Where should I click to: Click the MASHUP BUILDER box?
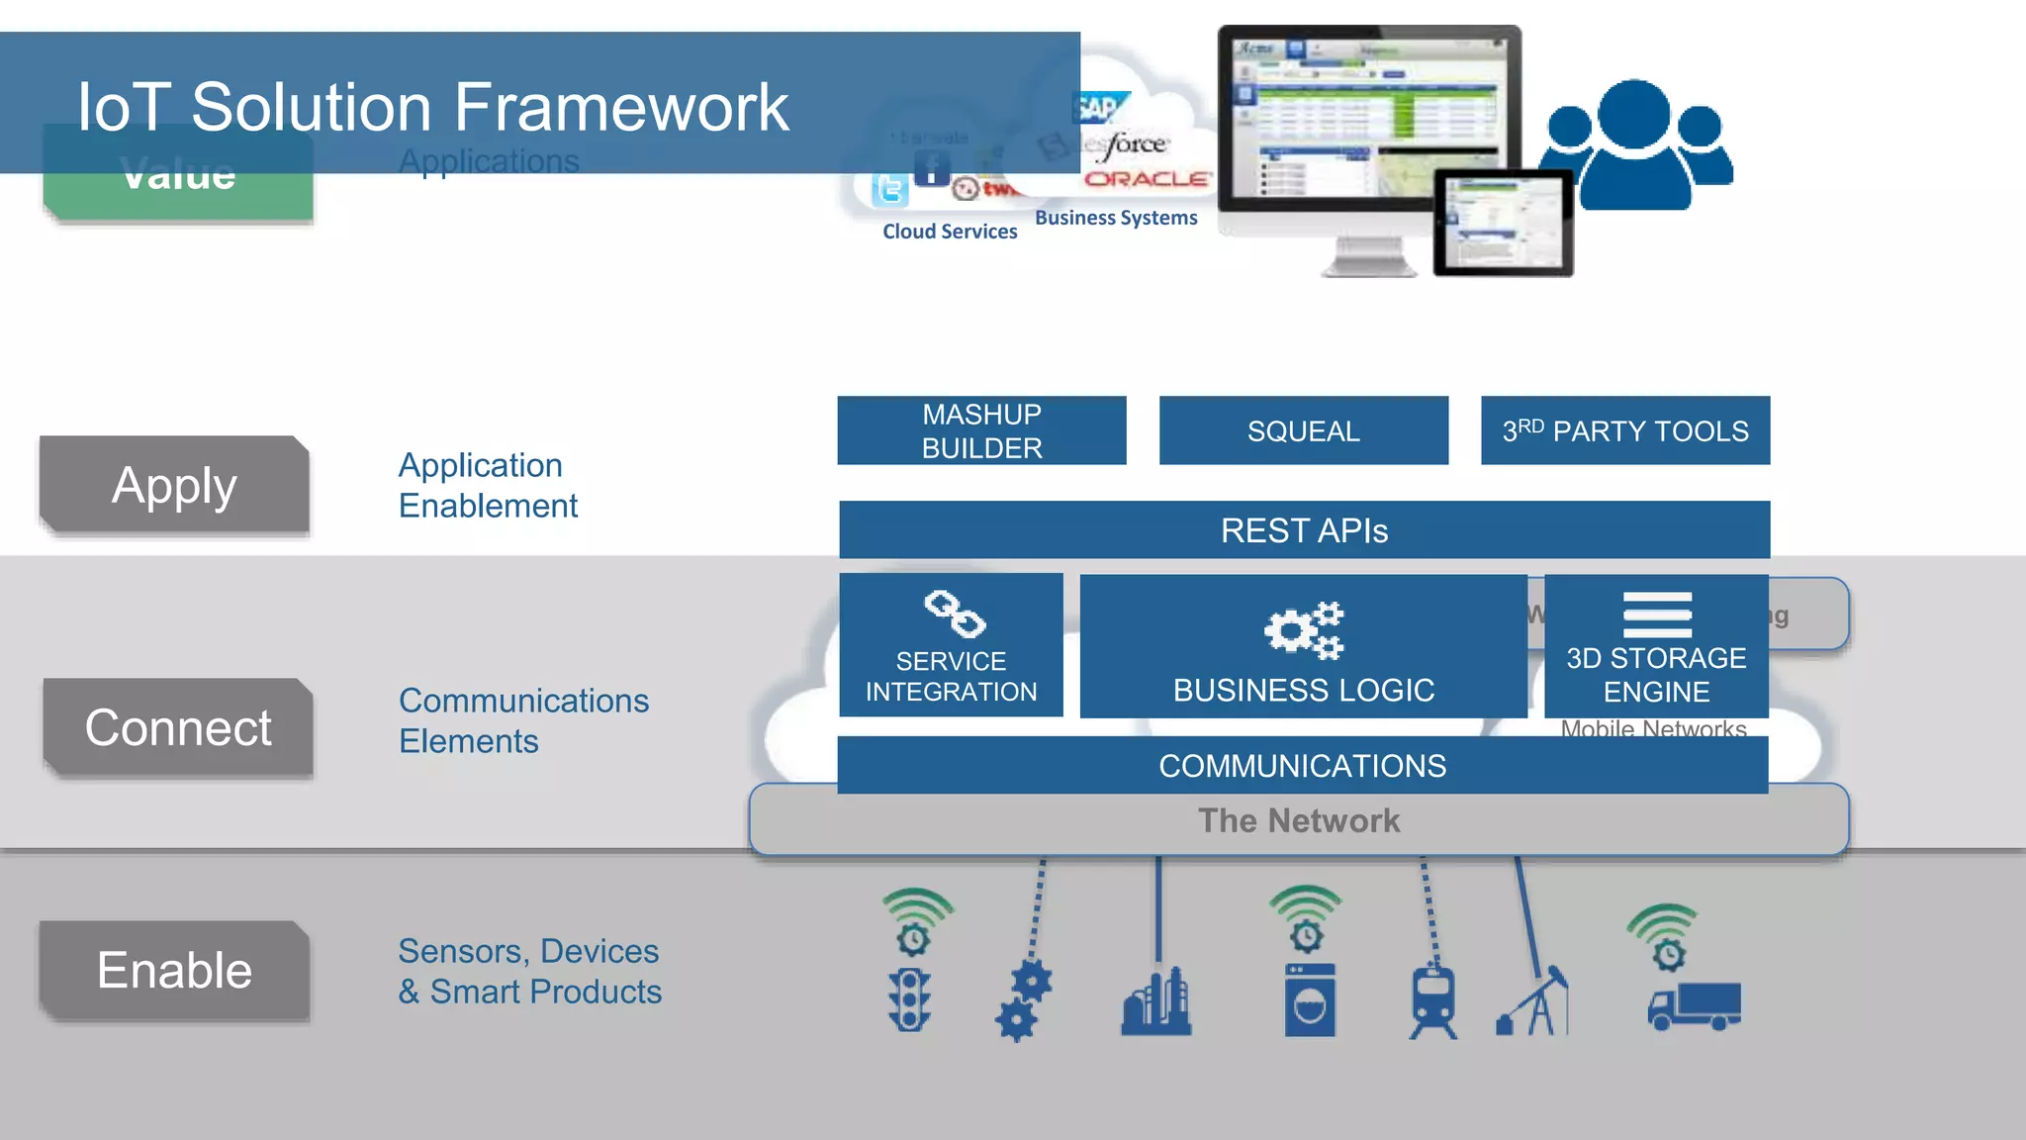[981, 430]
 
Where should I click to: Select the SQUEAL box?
[1303, 430]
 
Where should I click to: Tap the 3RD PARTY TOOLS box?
[1624, 430]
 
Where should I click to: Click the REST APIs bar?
[1304, 530]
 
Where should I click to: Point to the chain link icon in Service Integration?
[954, 615]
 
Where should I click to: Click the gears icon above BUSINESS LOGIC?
[1304, 630]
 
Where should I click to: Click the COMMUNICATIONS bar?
[1302, 765]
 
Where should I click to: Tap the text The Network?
[1299, 820]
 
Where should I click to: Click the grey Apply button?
[175, 485]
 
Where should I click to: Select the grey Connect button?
[178, 727]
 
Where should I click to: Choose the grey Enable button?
[175, 970]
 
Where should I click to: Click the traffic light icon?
[910, 999]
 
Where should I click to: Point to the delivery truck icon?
[1695, 1005]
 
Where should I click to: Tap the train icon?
[1433, 999]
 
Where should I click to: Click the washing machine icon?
[1310, 999]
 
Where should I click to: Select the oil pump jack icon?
[1533, 1001]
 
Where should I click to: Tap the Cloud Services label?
[950, 232]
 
